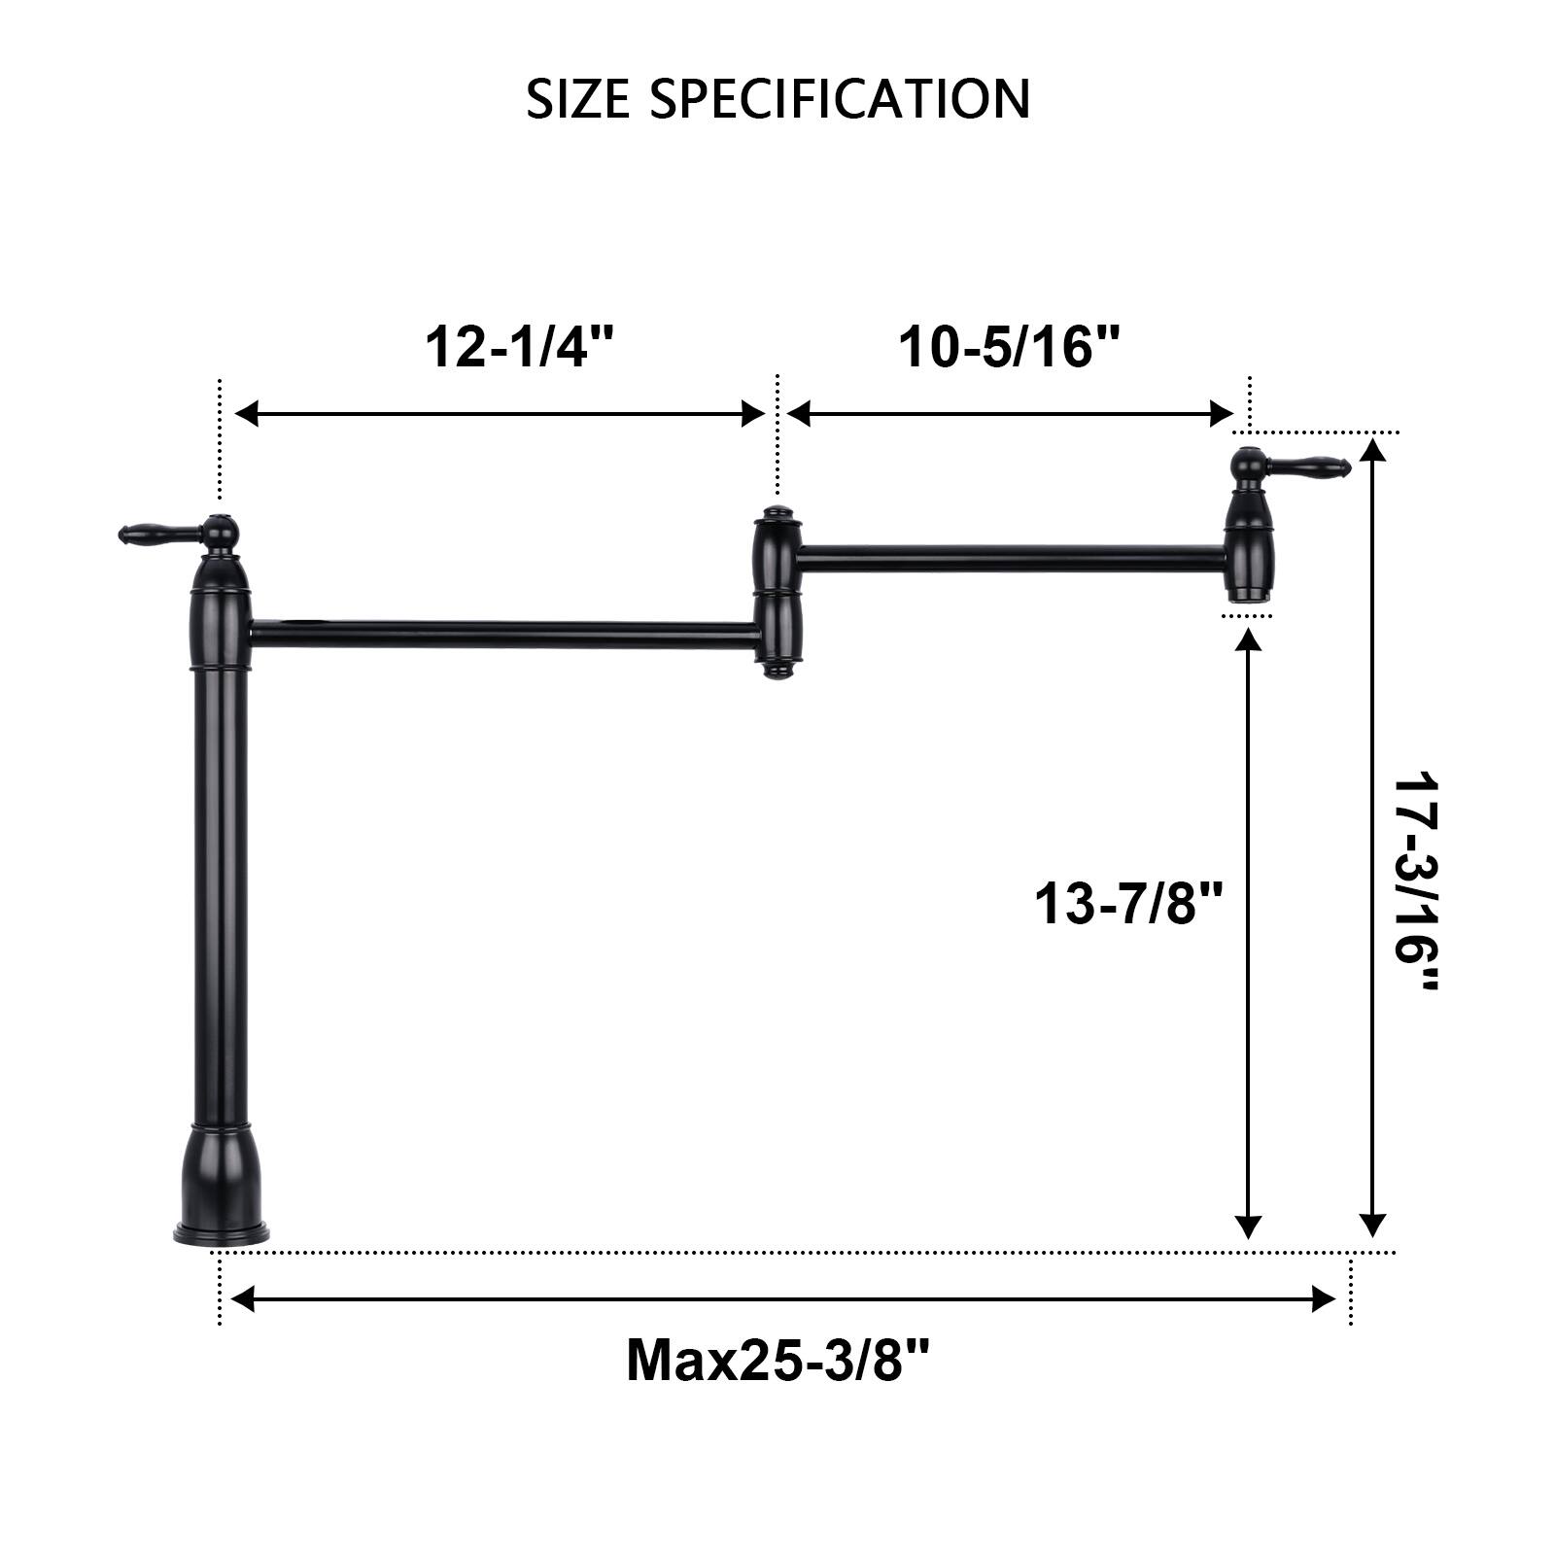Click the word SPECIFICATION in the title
click(x=840, y=99)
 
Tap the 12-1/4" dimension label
click(x=520, y=346)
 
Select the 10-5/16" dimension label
click(x=1009, y=346)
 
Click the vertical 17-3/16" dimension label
click(x=1415, y=882)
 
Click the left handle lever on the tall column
click(x=160, y=533)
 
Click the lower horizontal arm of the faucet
click(x=505, y=634)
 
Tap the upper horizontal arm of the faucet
click(x=1011, y=558)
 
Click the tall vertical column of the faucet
click(x=222, y=894)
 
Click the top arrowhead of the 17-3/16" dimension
click(x=1371, y=451)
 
